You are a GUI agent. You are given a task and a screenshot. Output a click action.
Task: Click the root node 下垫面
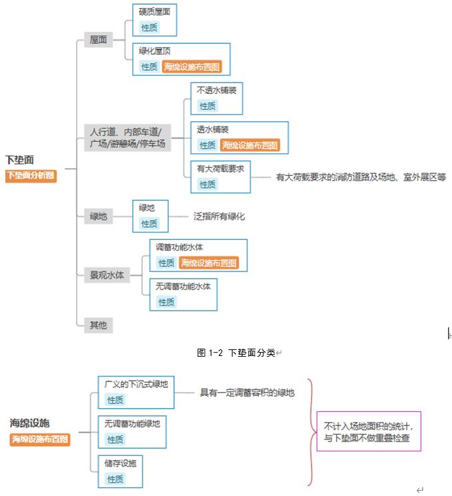19,160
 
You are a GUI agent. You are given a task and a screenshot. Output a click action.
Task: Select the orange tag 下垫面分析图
31,176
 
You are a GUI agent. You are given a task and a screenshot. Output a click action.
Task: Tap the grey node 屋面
98,39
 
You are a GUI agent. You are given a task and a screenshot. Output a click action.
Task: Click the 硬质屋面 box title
154,12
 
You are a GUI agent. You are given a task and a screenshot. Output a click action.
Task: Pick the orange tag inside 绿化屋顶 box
192,67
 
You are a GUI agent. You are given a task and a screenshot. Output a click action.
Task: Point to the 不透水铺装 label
216,90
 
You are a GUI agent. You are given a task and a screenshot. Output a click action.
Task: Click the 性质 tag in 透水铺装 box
207,145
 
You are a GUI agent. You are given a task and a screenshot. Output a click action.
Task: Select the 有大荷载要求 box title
220,169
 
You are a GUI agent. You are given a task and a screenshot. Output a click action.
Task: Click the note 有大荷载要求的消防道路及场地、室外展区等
361,177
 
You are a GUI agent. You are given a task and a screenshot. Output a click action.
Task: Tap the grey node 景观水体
107,275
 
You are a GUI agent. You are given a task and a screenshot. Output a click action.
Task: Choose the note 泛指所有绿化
219,217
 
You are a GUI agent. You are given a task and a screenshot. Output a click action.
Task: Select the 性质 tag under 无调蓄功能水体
166,302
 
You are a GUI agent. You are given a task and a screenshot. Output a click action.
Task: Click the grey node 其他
98,325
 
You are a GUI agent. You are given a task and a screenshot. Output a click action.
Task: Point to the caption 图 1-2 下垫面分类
236,353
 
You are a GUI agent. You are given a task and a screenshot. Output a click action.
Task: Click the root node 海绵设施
30,423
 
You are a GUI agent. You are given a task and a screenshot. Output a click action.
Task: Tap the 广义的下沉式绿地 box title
136,384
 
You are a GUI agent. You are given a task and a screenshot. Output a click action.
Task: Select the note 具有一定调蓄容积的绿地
247,393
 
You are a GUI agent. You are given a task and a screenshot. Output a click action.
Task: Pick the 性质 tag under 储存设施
115,479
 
